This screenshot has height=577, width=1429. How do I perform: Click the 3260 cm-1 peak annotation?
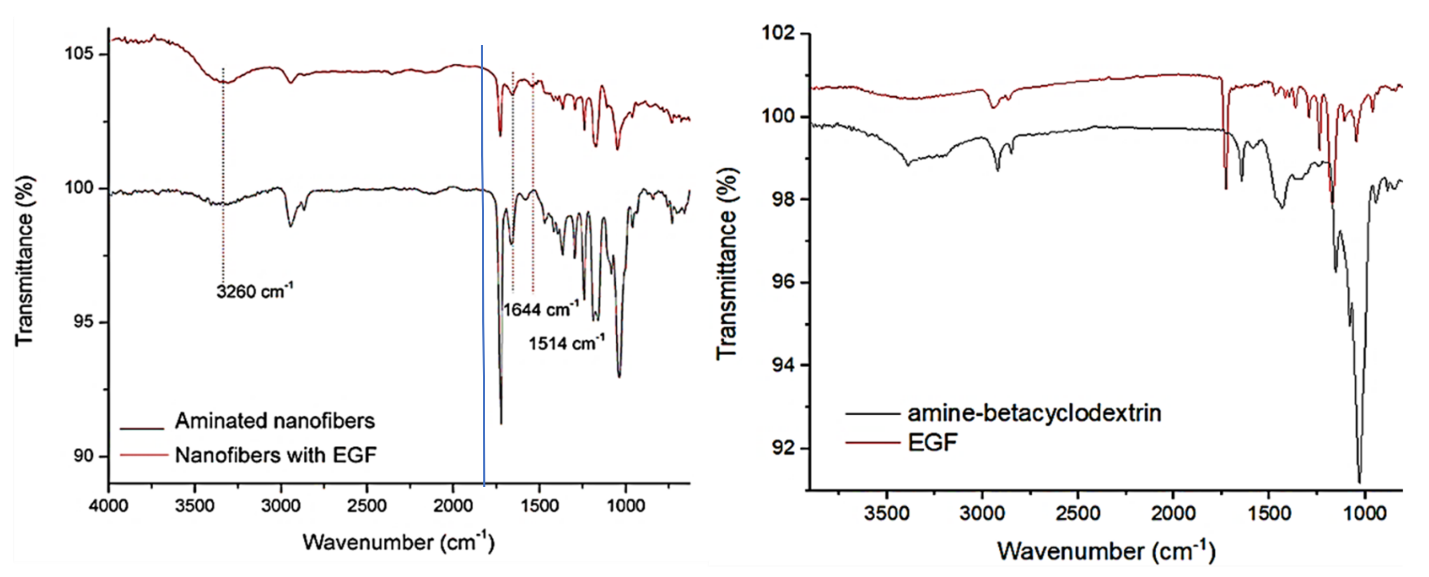tap(254, 291)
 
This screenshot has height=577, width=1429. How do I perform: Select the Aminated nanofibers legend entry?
tap(275, 421)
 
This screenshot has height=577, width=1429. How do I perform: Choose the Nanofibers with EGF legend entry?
tap(276, 455)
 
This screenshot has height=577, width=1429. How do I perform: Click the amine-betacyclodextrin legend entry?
tap(1034, 413)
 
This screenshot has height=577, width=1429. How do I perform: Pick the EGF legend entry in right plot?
tap(933, 442)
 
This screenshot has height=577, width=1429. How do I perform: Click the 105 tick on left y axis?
tap(79, 54)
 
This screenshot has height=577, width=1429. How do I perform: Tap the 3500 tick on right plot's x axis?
tap(886, 513)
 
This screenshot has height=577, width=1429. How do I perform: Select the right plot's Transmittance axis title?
tap(727, 264)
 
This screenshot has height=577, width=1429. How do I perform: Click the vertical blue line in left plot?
tap(483, 266)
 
